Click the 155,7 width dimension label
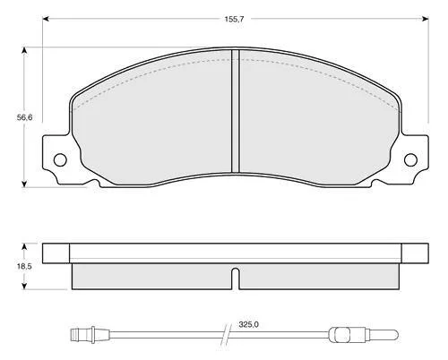click(235, 19)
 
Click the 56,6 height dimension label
click(24, 117)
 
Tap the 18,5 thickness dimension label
click(24, 266)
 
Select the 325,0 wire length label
click(249, 324)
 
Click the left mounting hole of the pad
click(60, 160)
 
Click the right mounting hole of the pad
click(410, 160)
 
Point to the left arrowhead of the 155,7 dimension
click(46, 19)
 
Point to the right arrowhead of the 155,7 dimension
click(426, 19)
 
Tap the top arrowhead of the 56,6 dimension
click(24, 50)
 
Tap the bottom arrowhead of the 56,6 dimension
click(24, 184)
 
